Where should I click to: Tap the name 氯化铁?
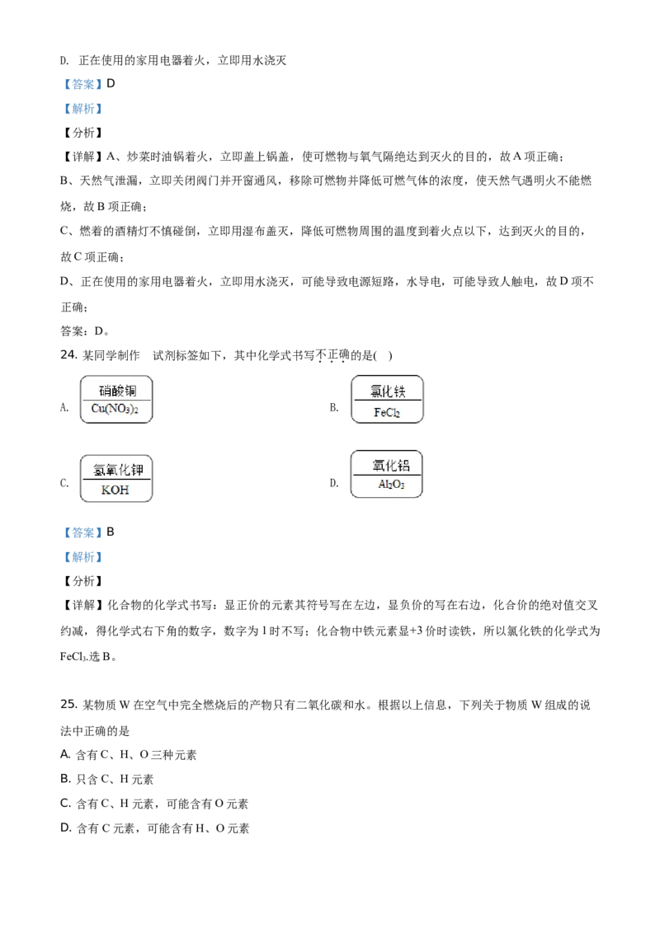coord(387,391)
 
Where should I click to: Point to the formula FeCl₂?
coord(387,412)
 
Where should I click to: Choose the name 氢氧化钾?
coord(118,471)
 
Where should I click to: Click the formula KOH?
coord(115,490)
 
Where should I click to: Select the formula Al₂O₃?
coord(391,485)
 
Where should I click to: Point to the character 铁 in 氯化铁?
coord(400,391)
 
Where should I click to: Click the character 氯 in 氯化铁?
coord(375,391)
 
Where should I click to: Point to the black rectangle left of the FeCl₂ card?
coord(332,408)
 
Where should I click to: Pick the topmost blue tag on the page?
coord(82,83)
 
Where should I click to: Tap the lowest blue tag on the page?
coord(82,558)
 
